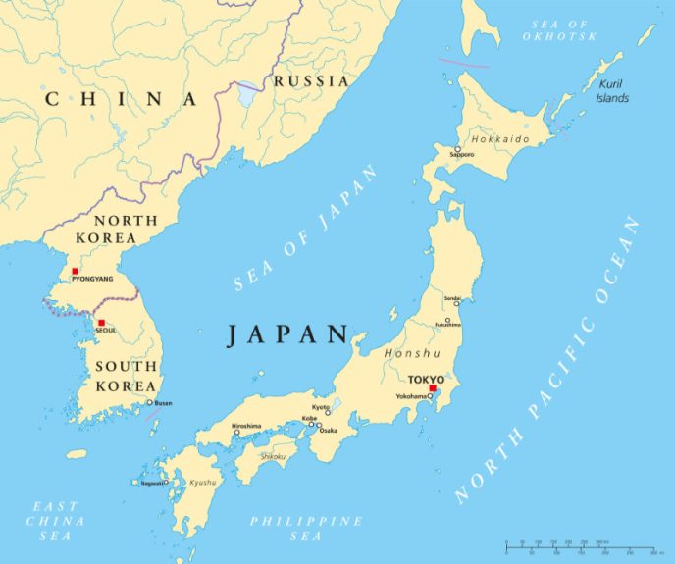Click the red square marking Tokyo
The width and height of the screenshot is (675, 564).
click(x=433, y=388)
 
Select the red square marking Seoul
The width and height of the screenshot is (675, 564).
click(x=101, y=322)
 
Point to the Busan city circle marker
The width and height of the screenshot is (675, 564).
click(x=150, y=402)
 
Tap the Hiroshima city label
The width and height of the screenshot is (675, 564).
click(x=246, y=425)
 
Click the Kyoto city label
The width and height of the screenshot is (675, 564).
click(x=321, y=407)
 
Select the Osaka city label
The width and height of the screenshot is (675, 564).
click(x=328, y=430)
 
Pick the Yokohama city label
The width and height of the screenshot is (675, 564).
click(x=411, y=396)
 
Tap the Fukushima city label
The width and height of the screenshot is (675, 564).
click(x=448, y=325)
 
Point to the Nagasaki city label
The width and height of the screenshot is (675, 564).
click(x=152, y=483)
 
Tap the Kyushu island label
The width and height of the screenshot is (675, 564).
click(x=202, y=483)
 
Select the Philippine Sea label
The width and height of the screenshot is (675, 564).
click(x=305, y=528)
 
